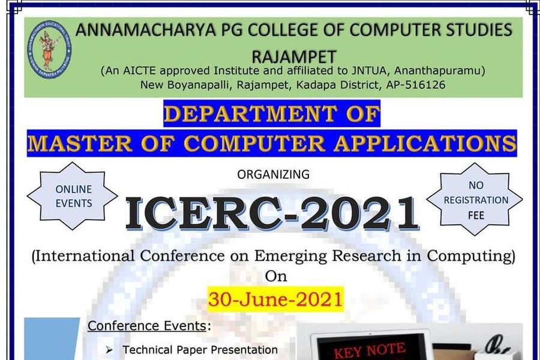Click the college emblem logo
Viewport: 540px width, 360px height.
50,49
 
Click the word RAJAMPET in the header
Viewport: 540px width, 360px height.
294,57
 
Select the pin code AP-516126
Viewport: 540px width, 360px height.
416,85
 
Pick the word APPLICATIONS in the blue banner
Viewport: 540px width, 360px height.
425,143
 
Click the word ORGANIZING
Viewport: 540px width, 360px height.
273,175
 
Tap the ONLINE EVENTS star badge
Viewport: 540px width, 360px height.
73,196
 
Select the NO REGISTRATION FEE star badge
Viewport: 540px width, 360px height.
475,199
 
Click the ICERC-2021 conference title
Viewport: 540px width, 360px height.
272,214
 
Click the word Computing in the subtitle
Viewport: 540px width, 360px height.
471,256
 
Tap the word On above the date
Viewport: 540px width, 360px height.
276,276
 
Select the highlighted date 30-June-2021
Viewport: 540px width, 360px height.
275,299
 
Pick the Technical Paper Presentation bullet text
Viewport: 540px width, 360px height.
200,350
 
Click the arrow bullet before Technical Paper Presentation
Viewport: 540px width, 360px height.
110,350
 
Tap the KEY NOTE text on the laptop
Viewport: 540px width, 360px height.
369,350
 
